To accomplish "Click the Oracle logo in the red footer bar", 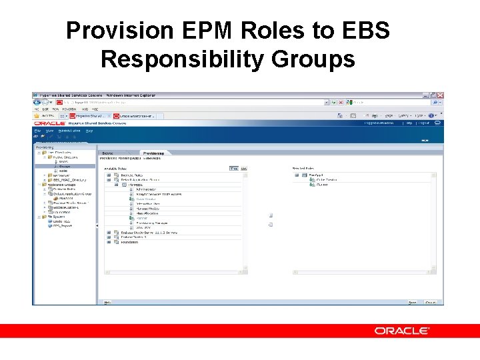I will coord(401,331).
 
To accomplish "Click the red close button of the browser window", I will coord(441,95).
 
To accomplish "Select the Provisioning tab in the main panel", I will coord(153,153).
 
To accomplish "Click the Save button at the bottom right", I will coord(413,303).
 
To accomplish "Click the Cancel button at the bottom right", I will coord(430,303).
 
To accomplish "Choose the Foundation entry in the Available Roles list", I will coord(129,242).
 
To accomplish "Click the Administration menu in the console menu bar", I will coord(69,131).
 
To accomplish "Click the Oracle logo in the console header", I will coord(49,123).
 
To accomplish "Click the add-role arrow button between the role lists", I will coord(271,215).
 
